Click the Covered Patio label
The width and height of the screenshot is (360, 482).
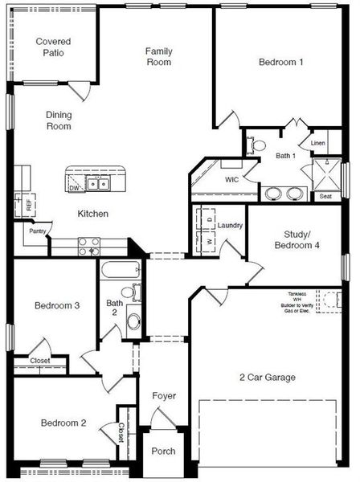click(53, 47)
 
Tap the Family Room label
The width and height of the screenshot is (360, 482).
click(158, 56)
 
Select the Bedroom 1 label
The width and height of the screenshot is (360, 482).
click(280, 62)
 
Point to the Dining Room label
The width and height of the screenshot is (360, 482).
click(58, 120)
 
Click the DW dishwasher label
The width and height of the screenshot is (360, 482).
click(74, 188)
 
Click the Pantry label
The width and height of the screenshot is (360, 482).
click(37, 231)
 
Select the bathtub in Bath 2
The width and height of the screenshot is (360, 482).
click(119, 270)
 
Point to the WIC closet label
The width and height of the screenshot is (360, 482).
click(232, 179)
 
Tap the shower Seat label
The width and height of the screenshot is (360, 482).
click(325, 196)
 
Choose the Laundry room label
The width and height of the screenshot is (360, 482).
click(230, 226)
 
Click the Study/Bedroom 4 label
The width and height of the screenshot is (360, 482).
click(297, 240)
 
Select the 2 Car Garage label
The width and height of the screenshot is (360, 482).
click(268, 377)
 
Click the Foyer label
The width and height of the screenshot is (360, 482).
click(163, 396)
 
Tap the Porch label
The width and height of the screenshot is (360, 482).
click(163, 451)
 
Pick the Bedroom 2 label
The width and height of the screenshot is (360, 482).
click(63, 423)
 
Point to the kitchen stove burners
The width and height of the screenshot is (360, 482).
click(88, 246)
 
